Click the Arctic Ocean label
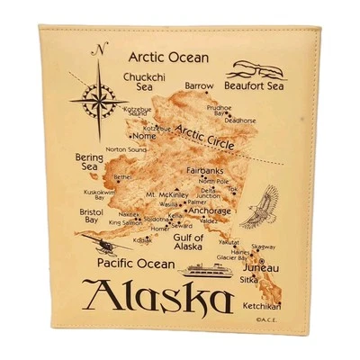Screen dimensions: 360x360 [168, 57]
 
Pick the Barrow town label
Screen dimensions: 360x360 [199, 86]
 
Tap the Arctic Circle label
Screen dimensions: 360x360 [193, 137]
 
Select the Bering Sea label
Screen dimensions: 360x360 [83, 161]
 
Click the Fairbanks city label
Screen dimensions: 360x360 [203, 171]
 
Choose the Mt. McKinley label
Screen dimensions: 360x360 [167, 194]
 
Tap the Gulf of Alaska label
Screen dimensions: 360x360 [187, 241]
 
